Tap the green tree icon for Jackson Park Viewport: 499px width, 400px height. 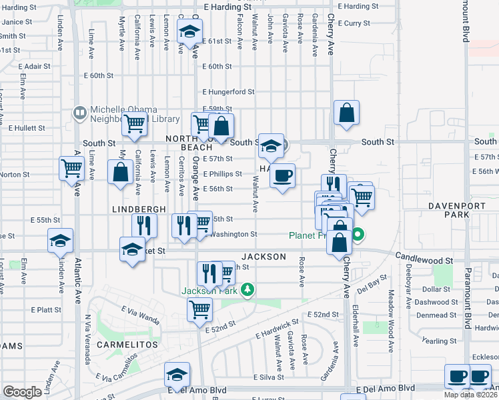[247, 289]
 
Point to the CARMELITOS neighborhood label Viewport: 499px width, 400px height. [127, 345]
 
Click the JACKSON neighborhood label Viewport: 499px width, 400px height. [264, 257]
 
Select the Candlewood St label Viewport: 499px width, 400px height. [424, 256]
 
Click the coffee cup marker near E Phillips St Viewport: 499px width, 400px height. [283, 175]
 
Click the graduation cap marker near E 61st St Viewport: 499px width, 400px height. [189, 31]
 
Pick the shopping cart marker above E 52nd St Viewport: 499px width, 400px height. [199, 309]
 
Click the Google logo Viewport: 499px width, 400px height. [22, 392]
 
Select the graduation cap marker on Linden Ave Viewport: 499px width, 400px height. [60, 240]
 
